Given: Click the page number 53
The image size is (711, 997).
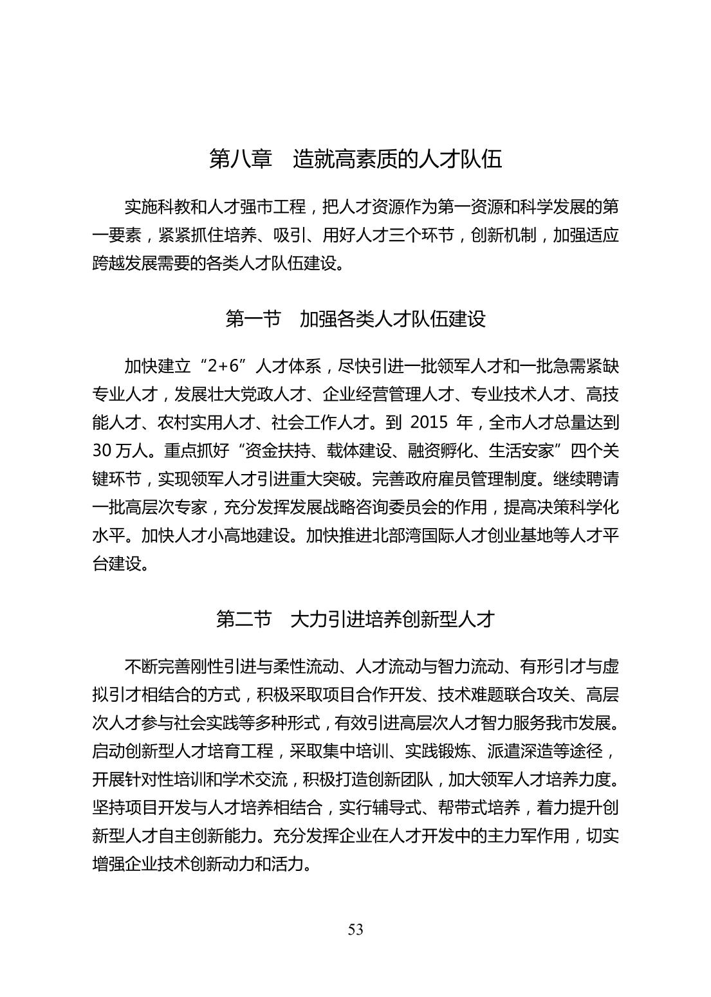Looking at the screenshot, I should (x=355, y=929).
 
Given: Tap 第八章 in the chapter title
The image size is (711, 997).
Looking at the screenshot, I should (x=241, y=159).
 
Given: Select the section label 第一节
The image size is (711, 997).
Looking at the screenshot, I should (x=253, y=318).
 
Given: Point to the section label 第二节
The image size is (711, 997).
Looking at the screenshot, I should (x=244, y=619).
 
